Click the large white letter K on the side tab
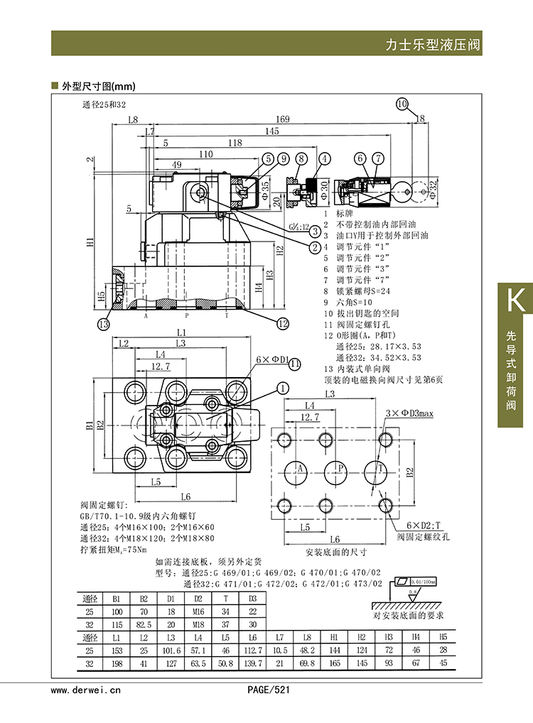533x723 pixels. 515,302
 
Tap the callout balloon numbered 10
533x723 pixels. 402,104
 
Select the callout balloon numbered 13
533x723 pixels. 104,325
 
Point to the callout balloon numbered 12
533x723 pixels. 283,324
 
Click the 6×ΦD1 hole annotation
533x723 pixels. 270,360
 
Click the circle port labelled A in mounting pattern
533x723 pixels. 299,469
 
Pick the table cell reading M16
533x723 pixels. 198,610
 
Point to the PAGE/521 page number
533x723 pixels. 269,689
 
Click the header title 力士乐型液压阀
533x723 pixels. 433,44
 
